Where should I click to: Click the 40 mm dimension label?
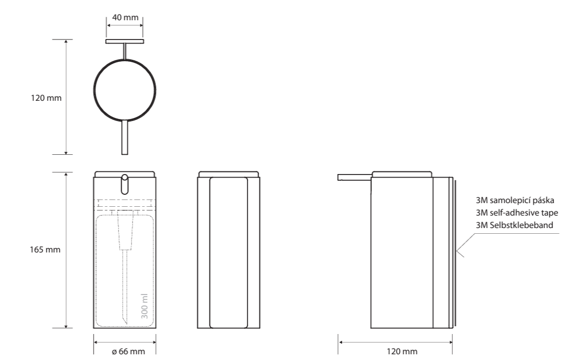125,17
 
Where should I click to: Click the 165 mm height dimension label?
45,249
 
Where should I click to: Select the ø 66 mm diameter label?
128,351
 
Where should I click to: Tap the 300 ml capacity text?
144,306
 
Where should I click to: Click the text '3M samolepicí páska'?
515,201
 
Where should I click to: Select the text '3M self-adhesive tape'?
517,212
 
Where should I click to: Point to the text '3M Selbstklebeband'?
514,225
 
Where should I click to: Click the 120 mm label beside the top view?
46,98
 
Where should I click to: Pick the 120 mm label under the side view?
402,351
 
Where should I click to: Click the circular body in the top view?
94,90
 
